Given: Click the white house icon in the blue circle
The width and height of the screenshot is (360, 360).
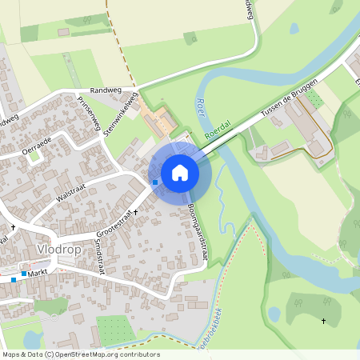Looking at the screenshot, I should pyautogui.click(x=180, y=172).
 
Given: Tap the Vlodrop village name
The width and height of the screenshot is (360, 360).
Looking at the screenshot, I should pyautogui.click(x=57, y=250).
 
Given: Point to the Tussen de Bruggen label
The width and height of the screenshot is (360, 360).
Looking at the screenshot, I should pyautogui.click(x=289, y=102).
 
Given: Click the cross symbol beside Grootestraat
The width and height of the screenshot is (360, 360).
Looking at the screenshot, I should pyautogui.click(x=135, y=213).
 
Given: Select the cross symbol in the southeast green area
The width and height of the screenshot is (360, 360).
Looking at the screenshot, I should pyautogui.click(x=323, y=322).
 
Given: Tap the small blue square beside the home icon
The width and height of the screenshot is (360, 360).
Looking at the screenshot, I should pyautogui.click(x=155, y=182).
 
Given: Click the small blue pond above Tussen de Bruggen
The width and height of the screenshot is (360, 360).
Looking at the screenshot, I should pyautogui.click(x=294, y=29).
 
